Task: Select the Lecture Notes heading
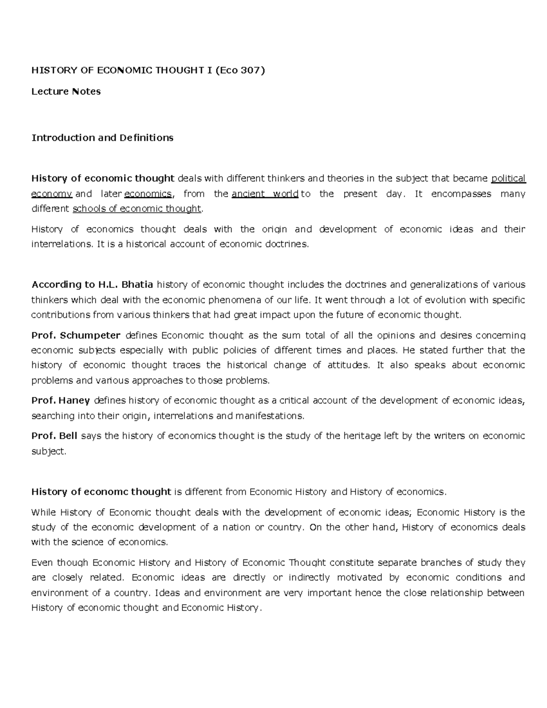(66, 92)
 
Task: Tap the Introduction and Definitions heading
(102, 138)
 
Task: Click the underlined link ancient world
(265, 194)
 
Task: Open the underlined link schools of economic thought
(137, 209)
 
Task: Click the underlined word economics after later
(148, 194)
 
